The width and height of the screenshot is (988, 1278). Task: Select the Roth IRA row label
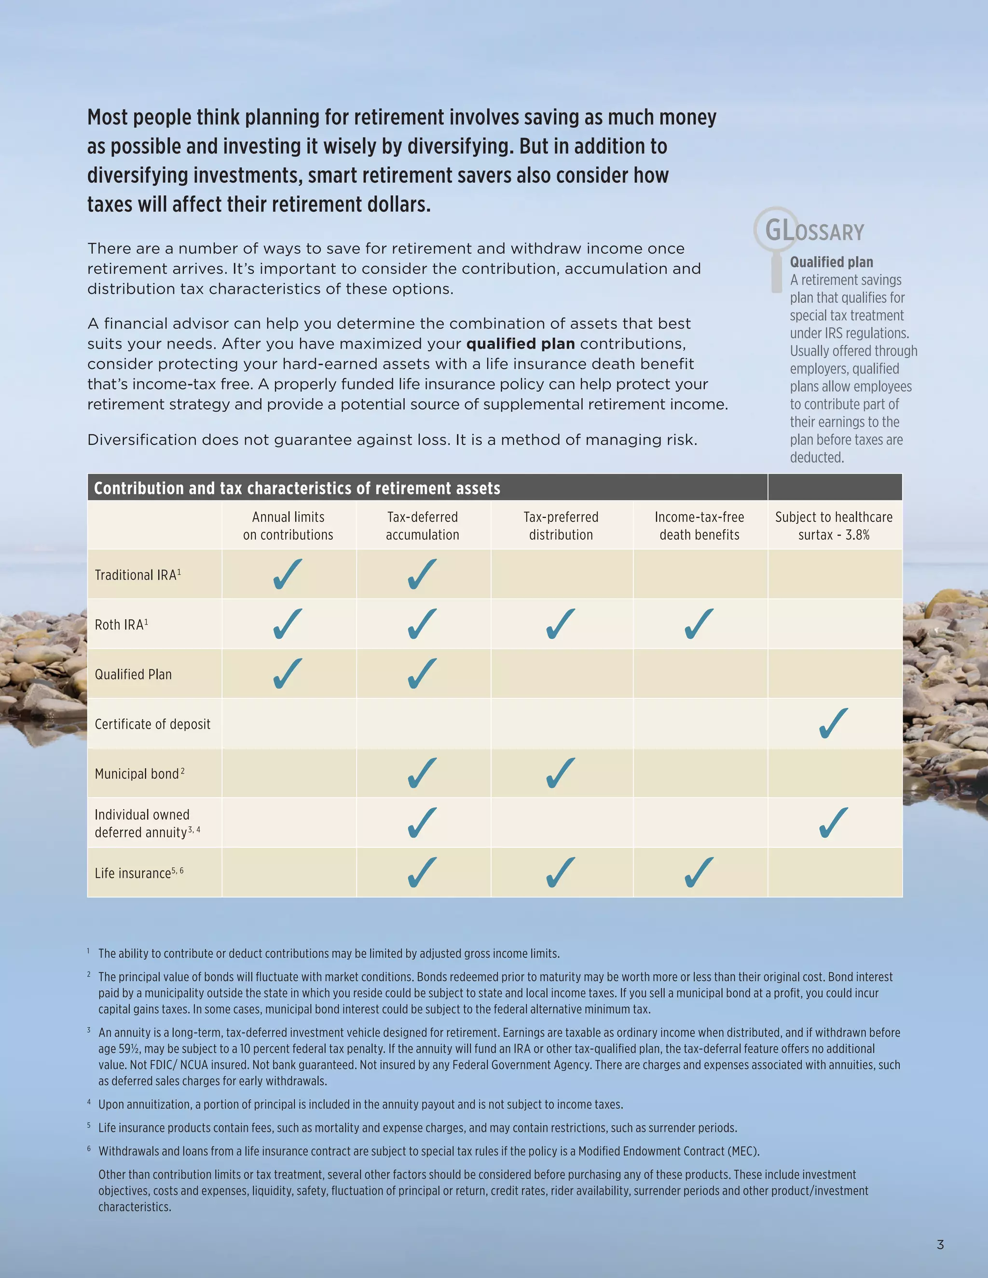pyautogui.click(x=121, y=625)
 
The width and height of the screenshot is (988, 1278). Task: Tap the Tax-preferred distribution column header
pyautogui.click(x=561, y=526)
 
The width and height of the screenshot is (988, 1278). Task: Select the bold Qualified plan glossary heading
pyautogui.click(x=831, y=262)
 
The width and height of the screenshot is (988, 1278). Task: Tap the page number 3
pyautogui.click(x=940, y=1244)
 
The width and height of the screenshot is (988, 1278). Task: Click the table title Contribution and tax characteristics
pyautogui.click(x=297, y=488)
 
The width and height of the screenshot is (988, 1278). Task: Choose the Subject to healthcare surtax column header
pyautogui.click(x=834, y=526)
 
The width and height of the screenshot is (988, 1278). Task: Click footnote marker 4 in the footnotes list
pyautogui.click(x=89, y=1102)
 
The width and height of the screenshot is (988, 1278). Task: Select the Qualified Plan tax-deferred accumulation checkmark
pyautogui.click(x=422, y=674)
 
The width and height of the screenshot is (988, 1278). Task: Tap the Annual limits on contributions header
pyautogui.click(x=288, y=526)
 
